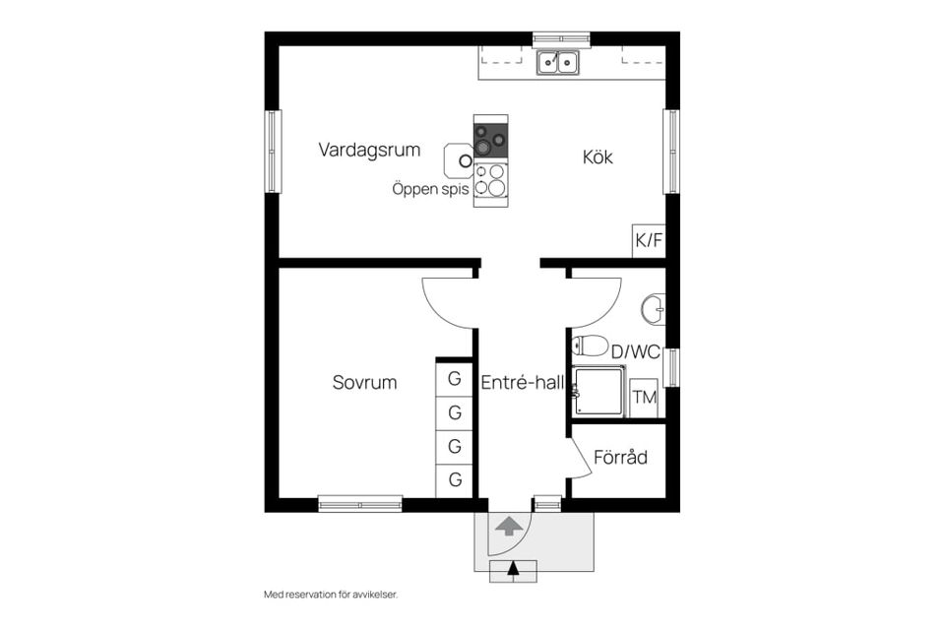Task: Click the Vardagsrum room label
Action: click(369, 150)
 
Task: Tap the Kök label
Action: click(598, 157)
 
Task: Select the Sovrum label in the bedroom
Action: click(364, 382)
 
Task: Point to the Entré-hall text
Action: click(523, 382)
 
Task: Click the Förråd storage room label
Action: click(620, 457)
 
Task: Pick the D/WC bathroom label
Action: click(635, 352)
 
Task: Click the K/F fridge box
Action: click(649, 241)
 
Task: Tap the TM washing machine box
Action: click(644, 398)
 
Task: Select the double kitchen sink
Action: click(558, 62)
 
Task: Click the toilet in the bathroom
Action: click(590, 346)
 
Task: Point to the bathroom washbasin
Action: click(654, 309)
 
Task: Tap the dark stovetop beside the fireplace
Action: click(490, 140)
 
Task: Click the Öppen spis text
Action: click(430, 189)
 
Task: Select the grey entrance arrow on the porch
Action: click(509, 526)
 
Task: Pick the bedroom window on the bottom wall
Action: click(360, 503)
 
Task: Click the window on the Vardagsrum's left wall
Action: click(274, 152)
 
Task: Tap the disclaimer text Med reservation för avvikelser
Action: click(331, 595)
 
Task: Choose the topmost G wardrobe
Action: click(455, 379)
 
